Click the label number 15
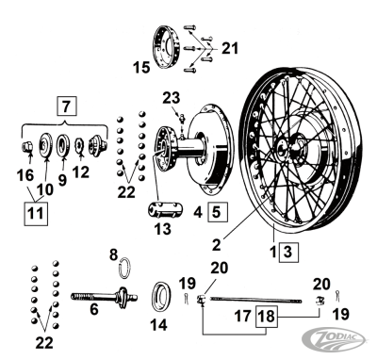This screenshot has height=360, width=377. [x=142, y=67]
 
